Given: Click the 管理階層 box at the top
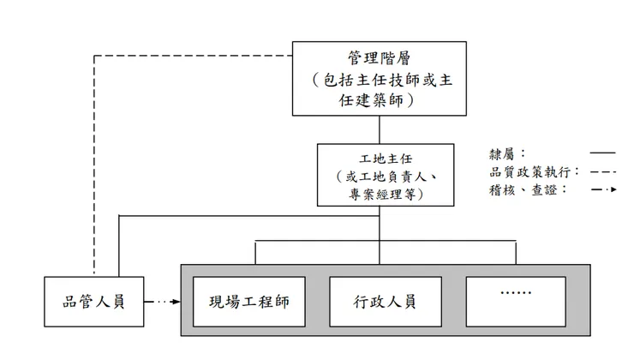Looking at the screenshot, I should (x=379, y=78).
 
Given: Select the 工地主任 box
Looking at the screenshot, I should (x=380, y=176).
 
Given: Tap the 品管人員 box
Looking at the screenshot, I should (x=94, y=302).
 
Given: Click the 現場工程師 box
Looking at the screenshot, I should (x=249, y=302).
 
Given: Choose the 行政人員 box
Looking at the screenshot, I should (x=385, y=302).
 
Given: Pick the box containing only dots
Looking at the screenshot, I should (x=516, y=302).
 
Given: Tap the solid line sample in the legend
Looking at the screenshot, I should (x=601, y=154).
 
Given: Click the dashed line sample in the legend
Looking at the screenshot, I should (x=601, y=172).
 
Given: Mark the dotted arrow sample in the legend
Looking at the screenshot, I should (x=601, y=189).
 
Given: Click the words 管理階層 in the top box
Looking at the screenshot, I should (x=379, y=58).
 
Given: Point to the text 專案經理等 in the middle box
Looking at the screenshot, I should (x=380, y=195).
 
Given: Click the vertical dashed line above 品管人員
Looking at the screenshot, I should (x=93, y=171).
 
